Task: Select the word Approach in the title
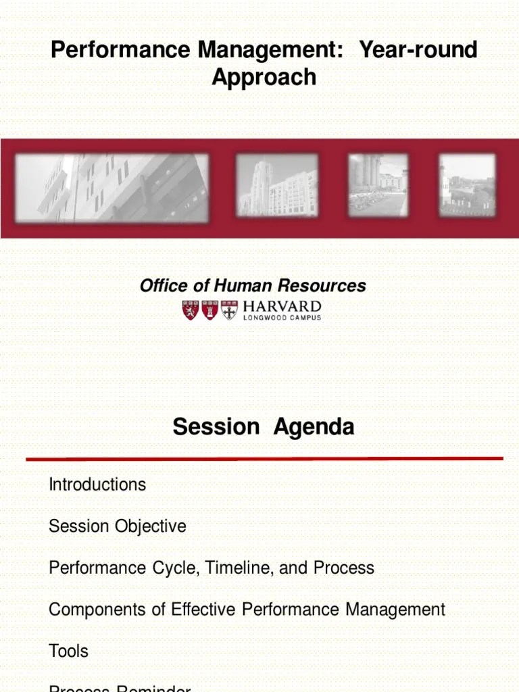(264, 77)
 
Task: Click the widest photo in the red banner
(112, 187)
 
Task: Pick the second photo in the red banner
(277, 185)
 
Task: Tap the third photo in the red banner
(378, 184)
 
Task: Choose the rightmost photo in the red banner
(467, 184)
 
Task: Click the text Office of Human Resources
(253, 286)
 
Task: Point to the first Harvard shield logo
(191, 310)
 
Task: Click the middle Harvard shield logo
(210, 310)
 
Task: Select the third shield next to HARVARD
(230, 310)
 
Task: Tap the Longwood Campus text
(282, 318)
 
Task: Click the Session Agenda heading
(263, 427)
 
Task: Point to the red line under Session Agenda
(264, 459)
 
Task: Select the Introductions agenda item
(97, 485)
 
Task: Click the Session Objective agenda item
(117, 526)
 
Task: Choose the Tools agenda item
(68, 651)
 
